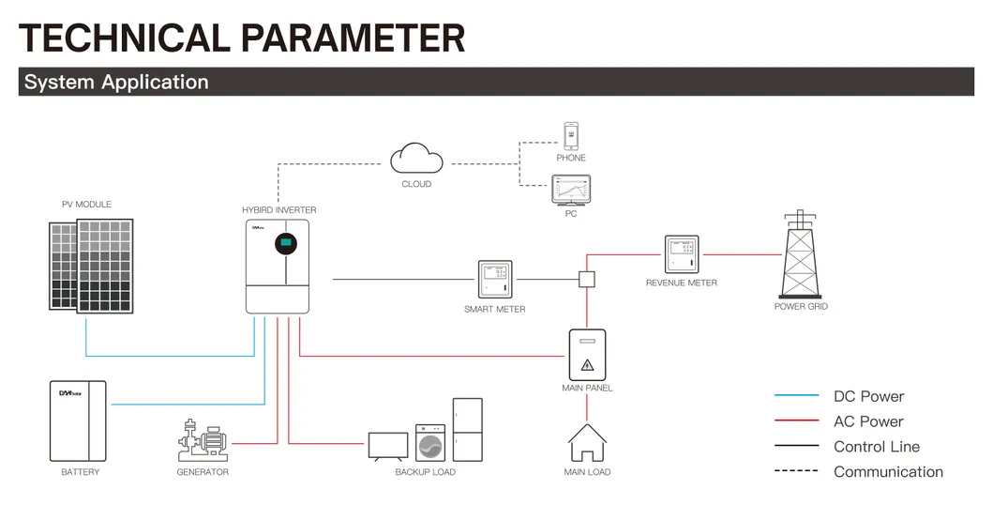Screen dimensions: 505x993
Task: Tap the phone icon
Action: (570, 136)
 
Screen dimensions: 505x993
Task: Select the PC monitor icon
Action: (571, 191)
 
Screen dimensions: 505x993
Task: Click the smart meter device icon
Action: (494, 280)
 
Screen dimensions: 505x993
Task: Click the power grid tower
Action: (800, 254)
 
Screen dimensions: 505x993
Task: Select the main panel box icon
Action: (587, 355)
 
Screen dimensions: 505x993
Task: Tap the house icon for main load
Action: (587, 443)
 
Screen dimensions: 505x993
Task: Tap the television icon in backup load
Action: (388, 445)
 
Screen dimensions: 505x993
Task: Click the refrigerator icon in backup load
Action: (467, 429)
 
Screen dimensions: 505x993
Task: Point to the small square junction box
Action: (587, 279)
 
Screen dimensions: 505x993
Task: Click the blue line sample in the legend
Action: (796, 396)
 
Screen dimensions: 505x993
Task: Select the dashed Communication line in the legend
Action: (796, 471)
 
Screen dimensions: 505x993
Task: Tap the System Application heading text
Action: (116, 82)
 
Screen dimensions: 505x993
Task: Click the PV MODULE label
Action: (86, 205)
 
